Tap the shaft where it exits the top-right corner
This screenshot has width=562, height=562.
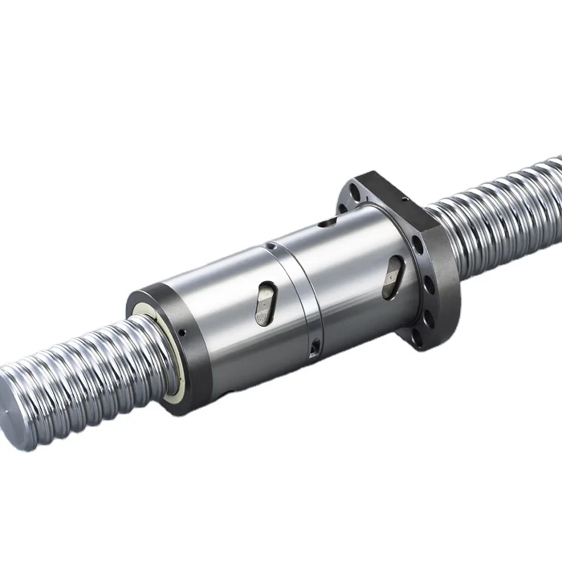[x=546, y=173]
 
